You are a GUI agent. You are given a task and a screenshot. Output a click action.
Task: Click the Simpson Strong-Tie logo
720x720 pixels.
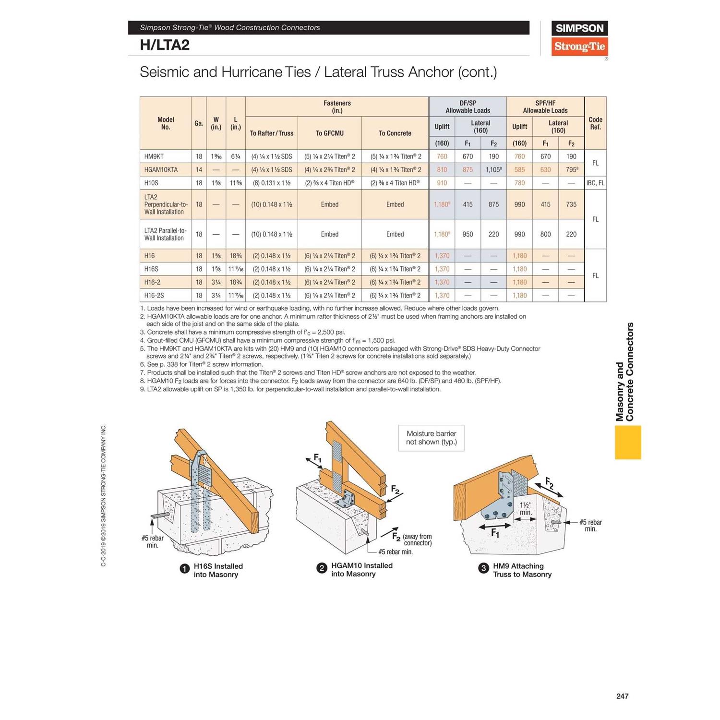(x=579, y=38)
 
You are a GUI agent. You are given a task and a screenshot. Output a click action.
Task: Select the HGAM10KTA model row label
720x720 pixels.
(x=161, y=170)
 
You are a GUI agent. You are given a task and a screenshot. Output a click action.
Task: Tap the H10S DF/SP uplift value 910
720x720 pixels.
(x=442, y=183)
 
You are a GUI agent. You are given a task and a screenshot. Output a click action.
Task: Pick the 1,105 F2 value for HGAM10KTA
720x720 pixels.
(x=493, y=170)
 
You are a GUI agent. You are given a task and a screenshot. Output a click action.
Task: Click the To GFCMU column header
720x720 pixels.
(x=329, y=133)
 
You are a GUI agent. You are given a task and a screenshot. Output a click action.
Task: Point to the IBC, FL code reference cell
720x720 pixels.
(x=595, y=183)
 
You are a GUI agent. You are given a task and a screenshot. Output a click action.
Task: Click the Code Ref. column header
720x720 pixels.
(x=595, y=123)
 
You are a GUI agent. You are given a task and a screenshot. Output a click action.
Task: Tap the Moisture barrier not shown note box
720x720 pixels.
(x=431, y=438)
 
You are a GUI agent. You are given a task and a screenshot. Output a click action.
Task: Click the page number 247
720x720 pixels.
(x=622, y=696)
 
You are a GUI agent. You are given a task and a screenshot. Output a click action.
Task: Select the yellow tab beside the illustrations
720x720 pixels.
(x=628, y=442)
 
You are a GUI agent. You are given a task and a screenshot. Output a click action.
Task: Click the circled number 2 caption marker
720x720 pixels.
(x=322, y=568)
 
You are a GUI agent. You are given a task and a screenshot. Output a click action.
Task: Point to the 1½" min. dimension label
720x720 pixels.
(x=526, y=509)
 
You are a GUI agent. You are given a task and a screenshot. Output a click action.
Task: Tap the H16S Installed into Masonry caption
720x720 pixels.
(x=218, y=570)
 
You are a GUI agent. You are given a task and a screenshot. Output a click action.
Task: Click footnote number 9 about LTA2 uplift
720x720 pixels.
(x=290, y=389)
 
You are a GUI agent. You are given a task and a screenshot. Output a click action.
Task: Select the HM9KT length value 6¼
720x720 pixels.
(x=235, y=156)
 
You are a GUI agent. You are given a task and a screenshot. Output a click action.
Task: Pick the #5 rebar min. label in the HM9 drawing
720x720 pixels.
(x=590, y=526)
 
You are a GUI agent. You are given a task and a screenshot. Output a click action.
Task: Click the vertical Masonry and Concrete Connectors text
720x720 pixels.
(x=625, y=372)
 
